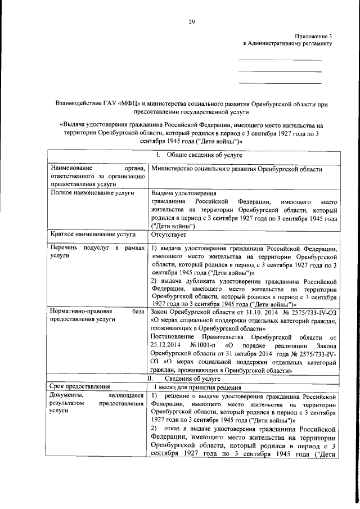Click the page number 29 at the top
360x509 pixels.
pyautogui.click(x=191, y=22)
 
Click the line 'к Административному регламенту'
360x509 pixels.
pyautogui.click(x=287, y=43)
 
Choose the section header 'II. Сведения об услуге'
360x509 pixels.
pyautogui.click(x=193, y=379)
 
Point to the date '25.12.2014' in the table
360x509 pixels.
pyautogui.click(x=168, y=345)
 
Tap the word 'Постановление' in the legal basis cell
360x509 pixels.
pyautogui.click(x=176, y=337)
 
